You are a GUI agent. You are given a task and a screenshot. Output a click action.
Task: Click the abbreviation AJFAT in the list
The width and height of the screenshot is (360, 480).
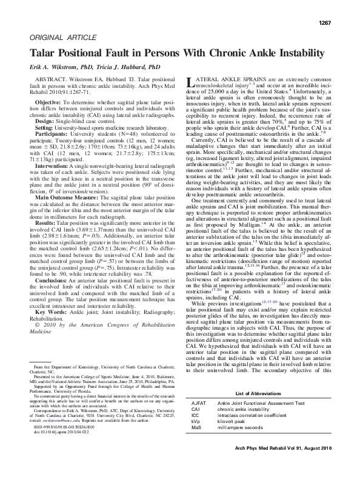click(x=199, y=419)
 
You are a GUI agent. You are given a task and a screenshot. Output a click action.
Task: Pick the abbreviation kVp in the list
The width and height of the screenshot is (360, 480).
click(x=196, y=439)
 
